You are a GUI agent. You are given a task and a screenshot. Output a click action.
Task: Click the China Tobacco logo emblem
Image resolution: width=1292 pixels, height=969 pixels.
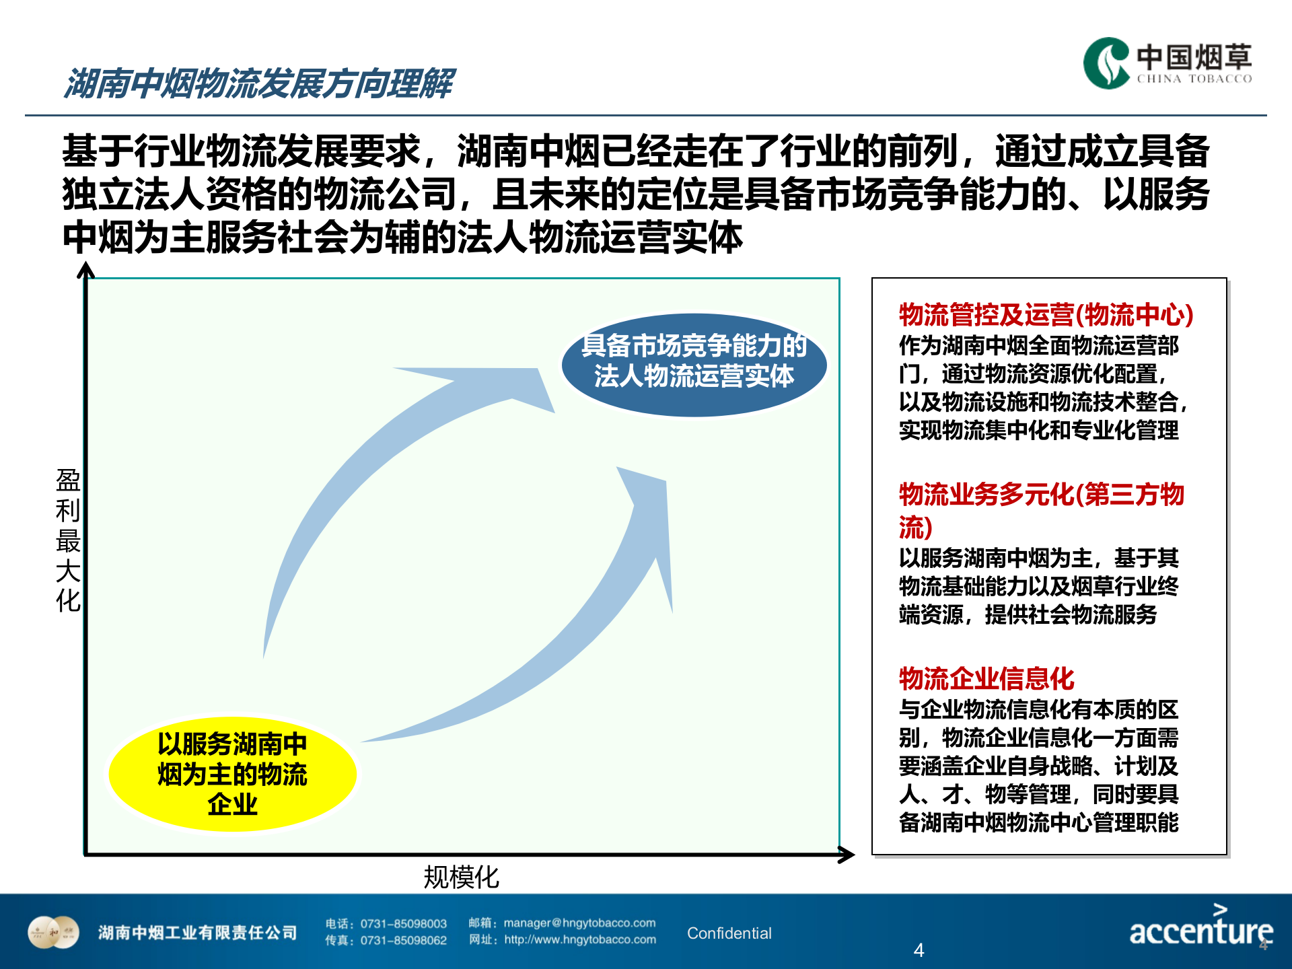(x=1106, y=63)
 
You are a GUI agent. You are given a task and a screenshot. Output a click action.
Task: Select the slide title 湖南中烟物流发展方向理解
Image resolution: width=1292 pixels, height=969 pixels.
(x=259, y=83)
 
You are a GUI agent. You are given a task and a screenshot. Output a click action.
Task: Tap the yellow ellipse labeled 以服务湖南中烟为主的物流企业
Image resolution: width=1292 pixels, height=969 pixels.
(x=232, y=774)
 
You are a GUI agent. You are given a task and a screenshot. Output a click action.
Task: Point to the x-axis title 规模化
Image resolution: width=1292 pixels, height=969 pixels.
(x=461, y=877)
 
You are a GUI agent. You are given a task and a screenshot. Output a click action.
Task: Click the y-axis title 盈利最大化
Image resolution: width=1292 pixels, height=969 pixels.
(x=68, y=540)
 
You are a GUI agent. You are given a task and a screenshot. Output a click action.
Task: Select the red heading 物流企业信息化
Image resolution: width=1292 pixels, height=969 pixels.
(x=986, y=678)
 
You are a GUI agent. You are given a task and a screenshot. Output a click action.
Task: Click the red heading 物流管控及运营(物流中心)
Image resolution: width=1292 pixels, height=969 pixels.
(x=1046, y=315)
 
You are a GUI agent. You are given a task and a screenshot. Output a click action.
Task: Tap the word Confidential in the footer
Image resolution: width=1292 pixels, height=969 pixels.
(x=729, y=933)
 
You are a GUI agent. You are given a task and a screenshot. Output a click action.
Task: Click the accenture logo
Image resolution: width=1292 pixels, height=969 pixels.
(x=1200, y=928)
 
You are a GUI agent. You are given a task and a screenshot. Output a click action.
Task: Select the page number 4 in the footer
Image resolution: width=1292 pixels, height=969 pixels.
(x=919, y=950)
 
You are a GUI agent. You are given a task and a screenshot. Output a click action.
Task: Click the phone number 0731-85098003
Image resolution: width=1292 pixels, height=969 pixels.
(x=403, y=924)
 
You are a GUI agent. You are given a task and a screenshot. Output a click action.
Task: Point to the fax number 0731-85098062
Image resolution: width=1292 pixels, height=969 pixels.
(x=403, y=940)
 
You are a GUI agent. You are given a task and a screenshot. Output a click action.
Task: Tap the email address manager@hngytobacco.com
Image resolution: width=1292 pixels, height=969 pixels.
(x=579, y=923)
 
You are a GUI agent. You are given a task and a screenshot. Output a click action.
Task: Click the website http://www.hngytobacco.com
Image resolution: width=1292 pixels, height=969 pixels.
(x=579, y=939)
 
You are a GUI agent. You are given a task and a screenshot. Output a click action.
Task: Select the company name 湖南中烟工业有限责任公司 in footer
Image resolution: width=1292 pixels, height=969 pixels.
(x=197, y=933)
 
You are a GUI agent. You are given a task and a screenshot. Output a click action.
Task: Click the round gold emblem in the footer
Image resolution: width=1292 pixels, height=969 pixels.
(x=53, y=932)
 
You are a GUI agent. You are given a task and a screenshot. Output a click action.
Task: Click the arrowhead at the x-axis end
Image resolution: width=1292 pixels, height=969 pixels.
(x=847, y=855)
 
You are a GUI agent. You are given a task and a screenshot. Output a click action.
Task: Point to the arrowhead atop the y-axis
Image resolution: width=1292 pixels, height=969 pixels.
(x=85, y=270)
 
